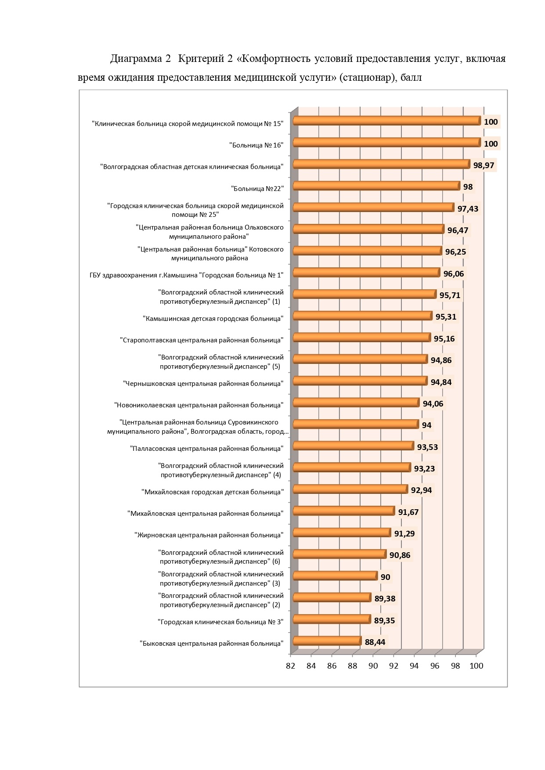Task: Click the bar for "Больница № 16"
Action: (x=387, y=142)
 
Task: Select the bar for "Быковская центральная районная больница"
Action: (x=327, y=641)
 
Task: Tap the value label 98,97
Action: (x=484, y=166)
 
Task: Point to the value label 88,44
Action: (x=375, y=642)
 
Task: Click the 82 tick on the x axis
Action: (x=290, y=666)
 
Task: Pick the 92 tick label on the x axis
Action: (x=393, y=666)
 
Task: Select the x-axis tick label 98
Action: (x=455, y=666)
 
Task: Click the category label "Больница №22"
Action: (x=257, y=188)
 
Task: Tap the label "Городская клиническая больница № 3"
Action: (x=220, y=622)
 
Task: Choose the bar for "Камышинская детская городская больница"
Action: (x=363, y=316)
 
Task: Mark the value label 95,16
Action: (x=444, y=339)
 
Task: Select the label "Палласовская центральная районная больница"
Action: (x=207, y=449)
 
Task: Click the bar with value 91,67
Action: (x=344, y=511)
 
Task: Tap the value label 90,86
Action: (x=400, y=555)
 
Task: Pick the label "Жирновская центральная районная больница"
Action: (x=209, y=535)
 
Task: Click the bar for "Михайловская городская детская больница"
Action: (x=350, y=489)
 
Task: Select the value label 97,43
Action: (x=468, y=209)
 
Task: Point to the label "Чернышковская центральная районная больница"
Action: (x=203, y=384)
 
